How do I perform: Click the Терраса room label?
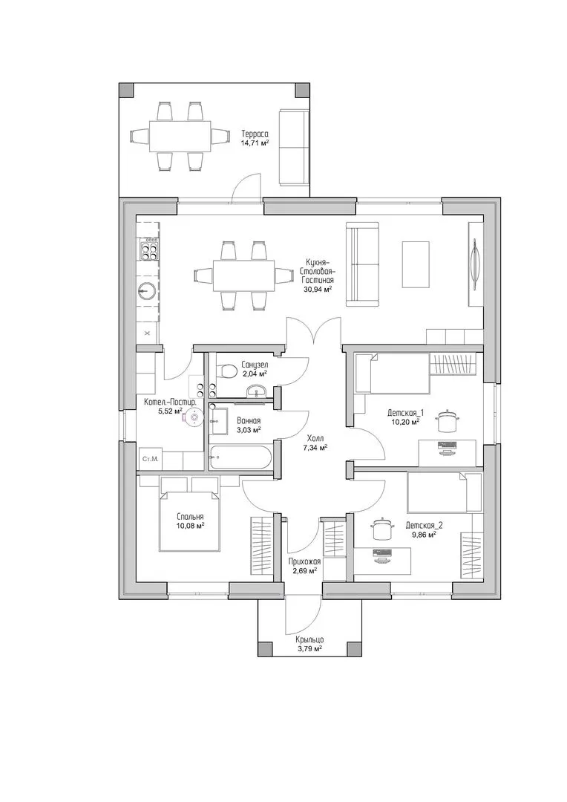(255, 134)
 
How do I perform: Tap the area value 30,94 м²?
(318, 289)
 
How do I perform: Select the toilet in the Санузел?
(226, 371)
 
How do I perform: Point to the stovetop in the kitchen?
(148, 250)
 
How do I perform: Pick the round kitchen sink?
(147, 291)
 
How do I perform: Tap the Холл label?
(315, 438)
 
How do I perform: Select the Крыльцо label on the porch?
(309, 639)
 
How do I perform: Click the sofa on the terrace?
(294, 147)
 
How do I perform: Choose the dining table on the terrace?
(180, 136)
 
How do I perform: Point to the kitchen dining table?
(243, 276)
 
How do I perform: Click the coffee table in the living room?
(416, 264)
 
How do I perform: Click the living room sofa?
(362, 264)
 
